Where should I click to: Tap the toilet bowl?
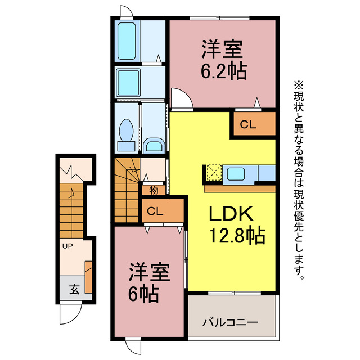(x=127, y=133)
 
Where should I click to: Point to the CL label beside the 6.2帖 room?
(x=248, y=125)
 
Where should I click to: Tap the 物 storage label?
(x=154, y=190)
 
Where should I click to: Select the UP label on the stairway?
(x=67, y=246)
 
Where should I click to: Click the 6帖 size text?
(x=142, y=292)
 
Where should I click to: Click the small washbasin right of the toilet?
(x=152, y=146)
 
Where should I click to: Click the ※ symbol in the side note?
(x=298, y=85)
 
